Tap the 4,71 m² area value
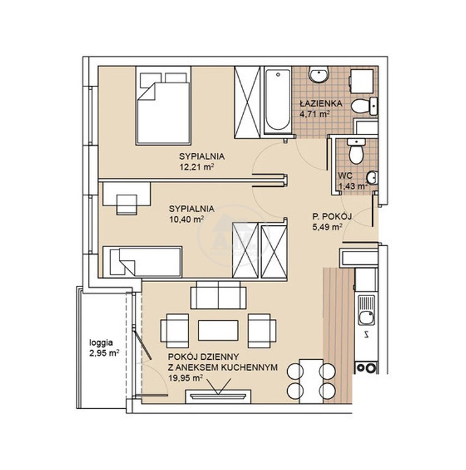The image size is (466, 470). (315, 114)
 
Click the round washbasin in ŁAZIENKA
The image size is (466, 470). (319, 74)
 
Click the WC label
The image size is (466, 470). (345, 176)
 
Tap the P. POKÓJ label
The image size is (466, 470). (332, 216)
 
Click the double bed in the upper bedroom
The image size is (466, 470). (163, 105)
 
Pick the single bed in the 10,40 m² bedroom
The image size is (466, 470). (142, 262)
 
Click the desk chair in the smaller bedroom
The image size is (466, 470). (127, 204)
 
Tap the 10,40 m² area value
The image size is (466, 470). (187, 219)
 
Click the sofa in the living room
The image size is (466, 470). (219, 295)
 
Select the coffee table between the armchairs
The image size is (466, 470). (219, 330)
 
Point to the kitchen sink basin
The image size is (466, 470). (367, 318)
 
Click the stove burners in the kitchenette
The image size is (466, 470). (366, 367)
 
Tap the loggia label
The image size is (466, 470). (101, 343)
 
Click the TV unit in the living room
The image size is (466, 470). (218, 397)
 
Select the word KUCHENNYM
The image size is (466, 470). (253, 367)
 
